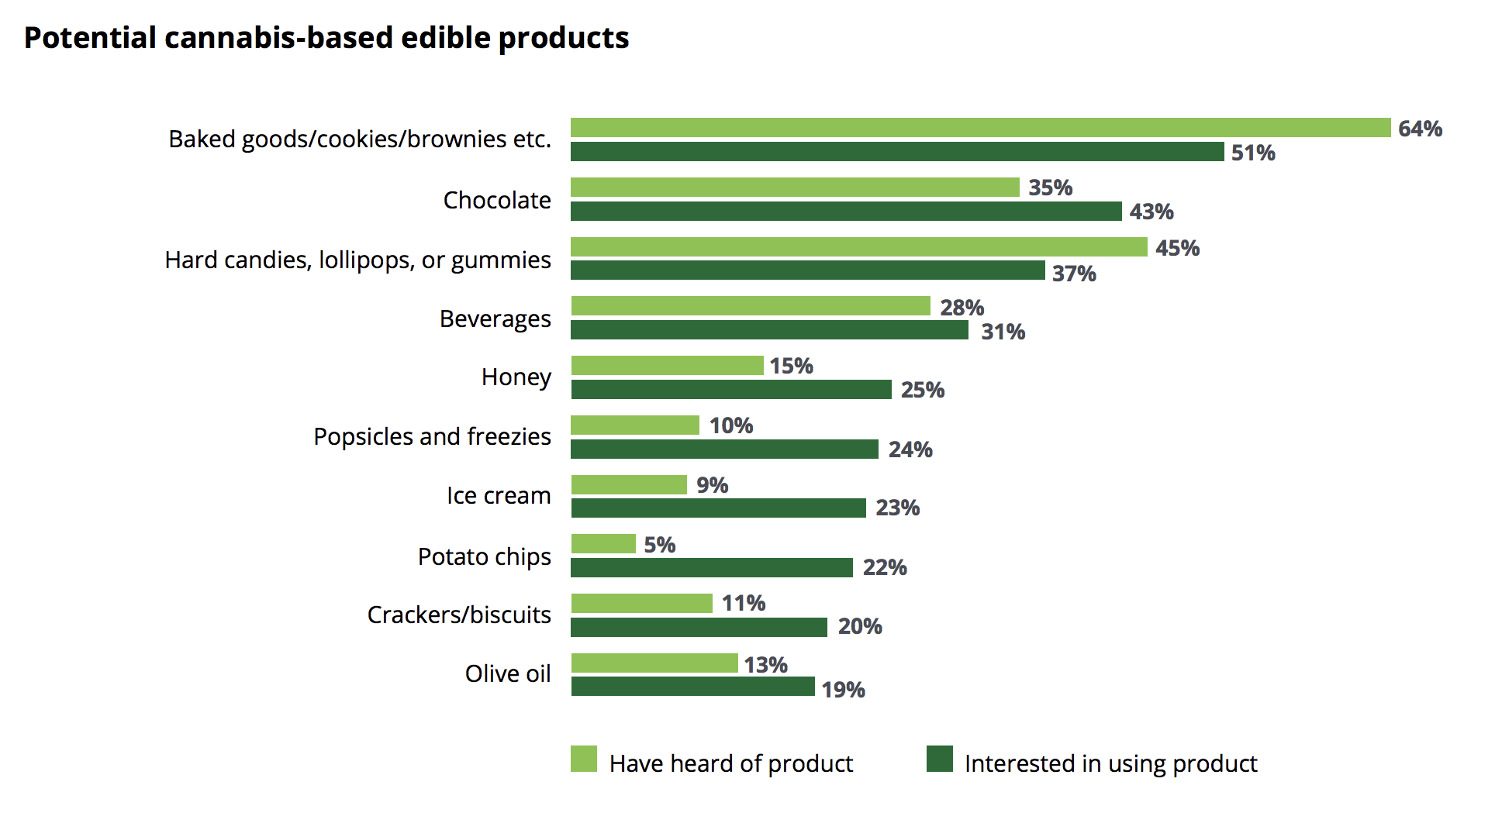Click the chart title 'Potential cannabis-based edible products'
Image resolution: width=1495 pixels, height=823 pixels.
tap(326, 38)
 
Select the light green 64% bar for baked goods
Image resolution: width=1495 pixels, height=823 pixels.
tap(980, 128)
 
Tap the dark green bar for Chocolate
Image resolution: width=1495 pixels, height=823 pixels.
tap(846, 211)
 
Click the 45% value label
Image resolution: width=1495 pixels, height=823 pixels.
tap(1177, 248)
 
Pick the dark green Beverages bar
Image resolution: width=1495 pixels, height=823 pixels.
tap(769, 330)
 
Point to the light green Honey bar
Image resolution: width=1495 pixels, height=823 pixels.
tap(667, 365)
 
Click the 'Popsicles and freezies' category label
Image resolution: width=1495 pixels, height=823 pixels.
tap(432, 436)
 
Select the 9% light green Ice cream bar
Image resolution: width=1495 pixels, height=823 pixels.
tap(629, 485)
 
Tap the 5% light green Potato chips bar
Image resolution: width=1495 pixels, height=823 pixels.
tap(603, 544)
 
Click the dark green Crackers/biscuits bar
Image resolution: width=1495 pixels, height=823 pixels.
tap(699, 627)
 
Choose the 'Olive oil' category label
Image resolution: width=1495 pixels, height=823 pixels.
tap(508, 673)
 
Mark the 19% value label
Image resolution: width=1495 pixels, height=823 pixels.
tap(843, 690)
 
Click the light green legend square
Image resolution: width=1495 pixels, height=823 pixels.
tap(584, 759)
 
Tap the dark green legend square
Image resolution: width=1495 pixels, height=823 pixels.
tap(940, 759)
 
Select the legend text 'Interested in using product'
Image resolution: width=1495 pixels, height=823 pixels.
tap(1110, 764)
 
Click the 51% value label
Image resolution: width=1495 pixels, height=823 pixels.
tap(1253, 153)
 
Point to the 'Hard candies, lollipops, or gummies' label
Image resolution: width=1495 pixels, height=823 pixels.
tap(357, 260)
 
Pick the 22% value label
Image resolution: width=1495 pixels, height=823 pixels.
tap(885, 567)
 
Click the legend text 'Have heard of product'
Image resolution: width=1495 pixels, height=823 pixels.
tap(730, 764)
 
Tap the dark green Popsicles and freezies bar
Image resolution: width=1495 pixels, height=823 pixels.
tap(724, 449)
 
